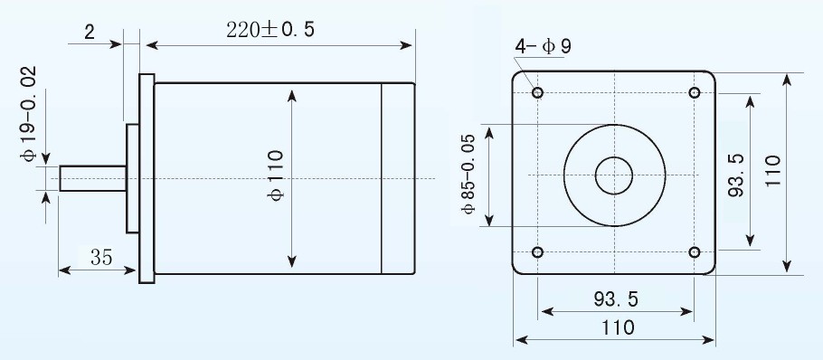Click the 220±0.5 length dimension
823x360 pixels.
click(270, 29)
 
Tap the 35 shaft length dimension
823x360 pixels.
click(101, 258)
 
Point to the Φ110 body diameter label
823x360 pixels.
click(276, 175)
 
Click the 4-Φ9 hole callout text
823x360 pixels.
click(543, 47)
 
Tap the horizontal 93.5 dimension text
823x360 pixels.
click(616, 299)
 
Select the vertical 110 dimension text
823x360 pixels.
click(773, 171)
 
